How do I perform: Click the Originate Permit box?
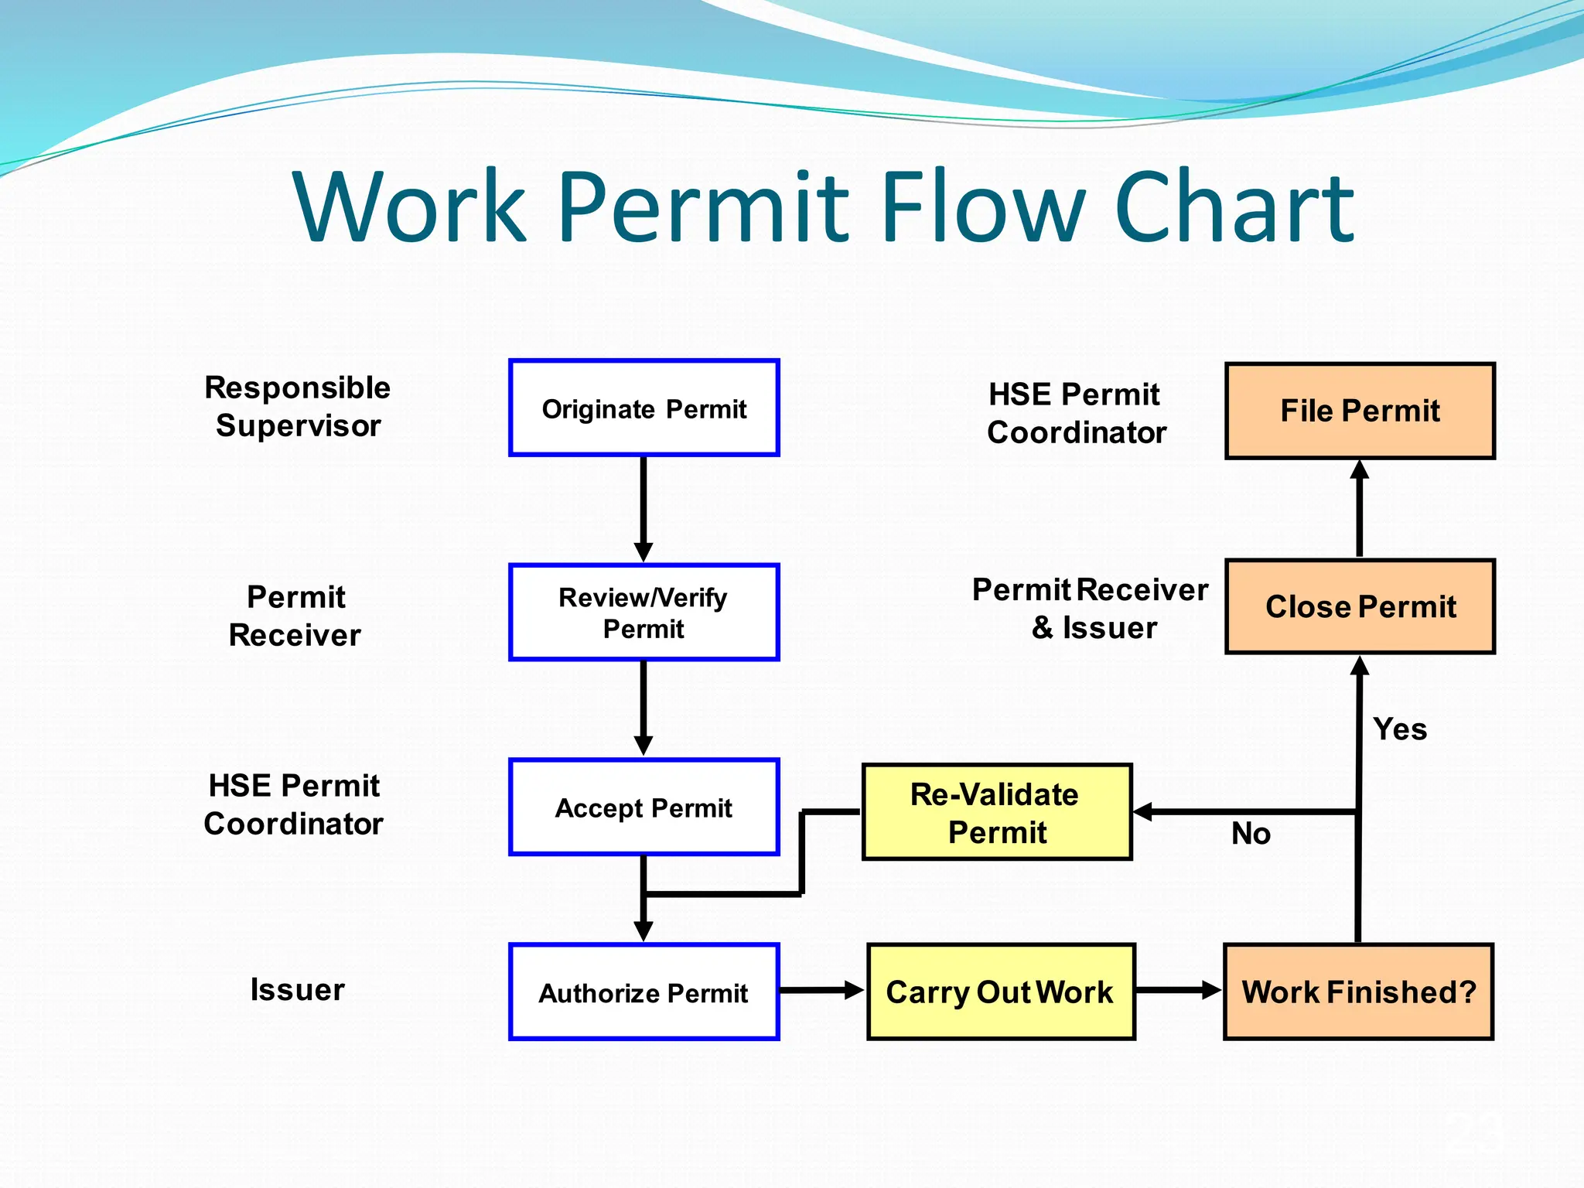pos(643,408)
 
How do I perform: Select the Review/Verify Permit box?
pos(643,612)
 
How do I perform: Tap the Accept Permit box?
pos(643,807)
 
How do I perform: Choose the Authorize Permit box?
pos(643,992)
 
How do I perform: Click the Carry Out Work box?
pos(1001,992)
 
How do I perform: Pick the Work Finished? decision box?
pos(1358,992)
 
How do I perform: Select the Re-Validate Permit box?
pos(997,812)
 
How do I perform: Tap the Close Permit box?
pos(1360,606)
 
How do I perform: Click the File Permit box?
pos(1360,411)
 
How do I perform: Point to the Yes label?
pos(1400,729)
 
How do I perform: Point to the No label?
pos(1251,834)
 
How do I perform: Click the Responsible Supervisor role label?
pos(298,406)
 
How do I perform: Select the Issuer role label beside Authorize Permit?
pos(297,989)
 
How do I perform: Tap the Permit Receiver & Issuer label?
pos(1091,609)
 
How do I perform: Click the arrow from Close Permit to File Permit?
pos(1360,509)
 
